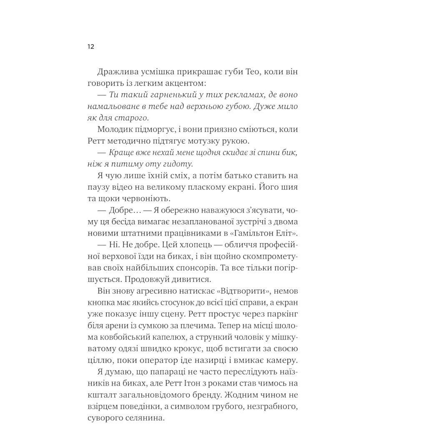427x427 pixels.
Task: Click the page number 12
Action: [91, 47]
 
